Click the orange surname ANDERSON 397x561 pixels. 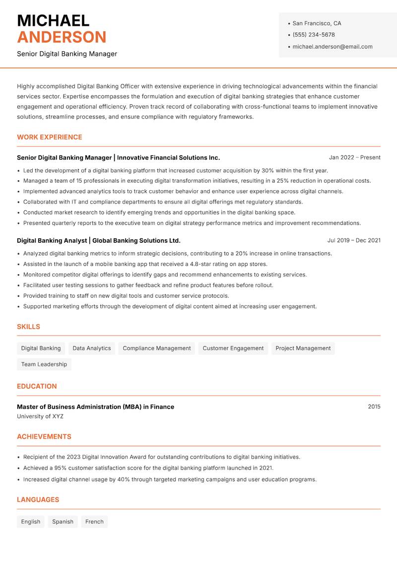pyautogui.click(x=62, y=37)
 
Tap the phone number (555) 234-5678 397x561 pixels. pyautogui.click(x=313, y=35)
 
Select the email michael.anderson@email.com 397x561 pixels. pyautogui.click(x=332, y=47)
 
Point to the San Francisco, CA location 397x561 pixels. pyautogui.click(x=317, y=23)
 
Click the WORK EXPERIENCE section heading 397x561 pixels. pyautogui.click(x=50, y=137)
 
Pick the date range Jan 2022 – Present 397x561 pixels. pyautogui.click(x=354, y=157)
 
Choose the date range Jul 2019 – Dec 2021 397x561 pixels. pyautogui.click(x=354, y=240)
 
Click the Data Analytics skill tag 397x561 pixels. pyautogui.click(x=92, y=349)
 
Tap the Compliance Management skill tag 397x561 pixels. pyautogui.click(x=157, y=349)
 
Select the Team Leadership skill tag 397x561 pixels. pyautogui.click(x=44, y=364)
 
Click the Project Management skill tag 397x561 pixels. pyautogui.click(x=303, y=349)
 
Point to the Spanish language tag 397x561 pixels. pyautogui.click(x=63, y=522)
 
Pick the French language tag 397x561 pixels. pyautogui.click(x=94, y=522)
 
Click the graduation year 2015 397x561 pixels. pyautogui.click(x=374, y=407)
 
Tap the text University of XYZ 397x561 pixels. pyautogui.click(x=40, y=417)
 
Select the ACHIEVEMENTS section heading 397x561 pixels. pyautogui.click(x=44, y=437)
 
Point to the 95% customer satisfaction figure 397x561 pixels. pyautogui.click(x=60, y=468)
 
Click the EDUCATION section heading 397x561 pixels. pyautogui.click(x=37, y=386)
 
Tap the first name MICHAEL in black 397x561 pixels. pyautogui.click(x=53, y=20)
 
